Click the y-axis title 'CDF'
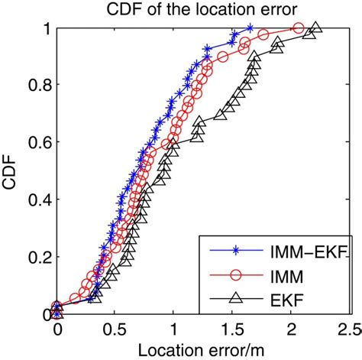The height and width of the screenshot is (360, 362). (x=11, y=171)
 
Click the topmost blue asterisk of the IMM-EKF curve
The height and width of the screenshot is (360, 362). (x=250, y=29)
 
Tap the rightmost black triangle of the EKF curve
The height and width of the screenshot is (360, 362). (x=315, y=28)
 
